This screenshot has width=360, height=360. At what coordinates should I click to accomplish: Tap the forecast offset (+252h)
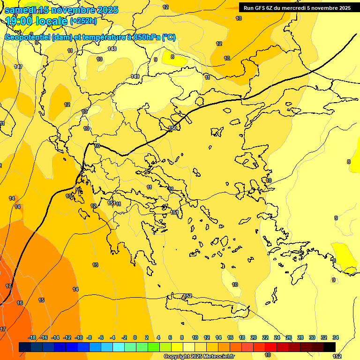click(83, 21)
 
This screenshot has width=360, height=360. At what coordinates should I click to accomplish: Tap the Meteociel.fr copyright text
click(199, 356)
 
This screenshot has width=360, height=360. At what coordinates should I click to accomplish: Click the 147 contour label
click(18, 67)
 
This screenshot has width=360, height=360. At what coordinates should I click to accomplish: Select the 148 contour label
click(112, 49)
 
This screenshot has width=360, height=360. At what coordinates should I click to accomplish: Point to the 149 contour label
click(135, 76)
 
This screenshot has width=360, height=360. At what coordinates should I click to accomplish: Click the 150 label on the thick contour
click(172, 128)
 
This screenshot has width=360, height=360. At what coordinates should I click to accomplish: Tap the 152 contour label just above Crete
click(187, 296)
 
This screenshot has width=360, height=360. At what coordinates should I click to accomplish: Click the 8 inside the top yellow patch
click(172, 57)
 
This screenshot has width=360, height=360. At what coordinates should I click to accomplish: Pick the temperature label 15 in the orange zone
click(41, 300)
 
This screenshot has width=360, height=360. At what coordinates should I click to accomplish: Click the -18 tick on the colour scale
click(32, 337)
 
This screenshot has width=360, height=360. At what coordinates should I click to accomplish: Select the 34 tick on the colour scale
click(336, 337)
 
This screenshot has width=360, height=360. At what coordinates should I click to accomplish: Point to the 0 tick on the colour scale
click(135, 337)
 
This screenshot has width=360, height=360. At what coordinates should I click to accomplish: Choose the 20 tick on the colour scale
click(254, 337)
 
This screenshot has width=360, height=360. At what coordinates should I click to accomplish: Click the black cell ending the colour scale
click(329, 347)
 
